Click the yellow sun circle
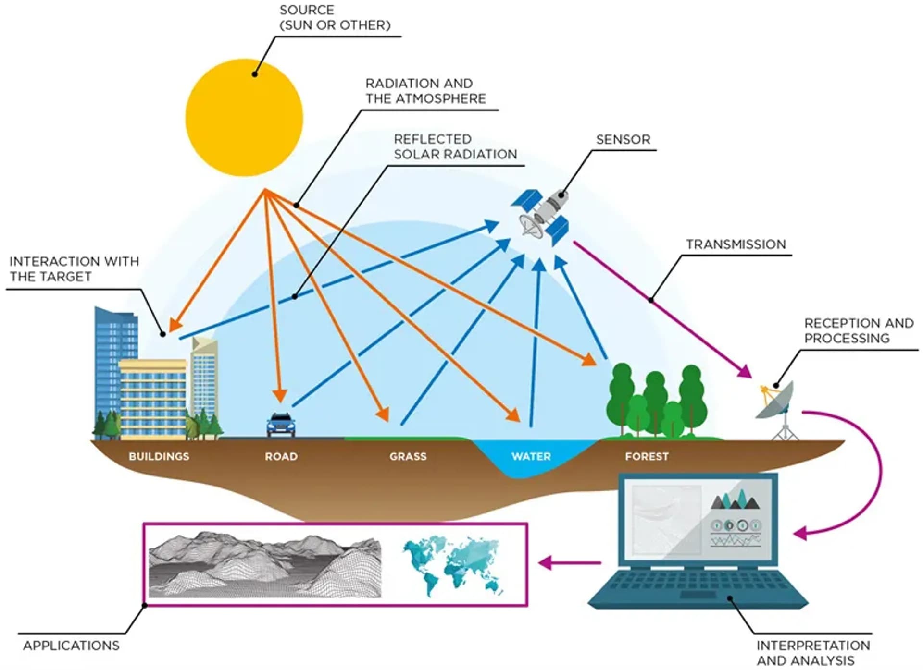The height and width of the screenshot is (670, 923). [244, 118]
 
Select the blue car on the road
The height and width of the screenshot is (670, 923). [281, 425]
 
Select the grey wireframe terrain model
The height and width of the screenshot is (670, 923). [264, 565]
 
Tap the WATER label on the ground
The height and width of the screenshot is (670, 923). [531, 456]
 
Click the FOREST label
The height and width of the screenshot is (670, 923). [647, 456]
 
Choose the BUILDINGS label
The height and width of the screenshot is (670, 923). [159, 456]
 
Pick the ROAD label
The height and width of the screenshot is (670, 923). [281, 456]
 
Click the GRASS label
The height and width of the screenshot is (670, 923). [408, 456]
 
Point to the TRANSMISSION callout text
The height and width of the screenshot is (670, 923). [736, 244]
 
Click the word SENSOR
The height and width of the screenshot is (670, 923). [623, 140]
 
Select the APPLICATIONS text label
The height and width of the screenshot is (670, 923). [71, 646]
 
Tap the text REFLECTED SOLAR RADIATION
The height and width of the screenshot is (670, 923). [455, 147]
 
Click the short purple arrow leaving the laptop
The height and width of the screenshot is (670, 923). [570, 562]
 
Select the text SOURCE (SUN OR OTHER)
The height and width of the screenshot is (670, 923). [335, 18]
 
